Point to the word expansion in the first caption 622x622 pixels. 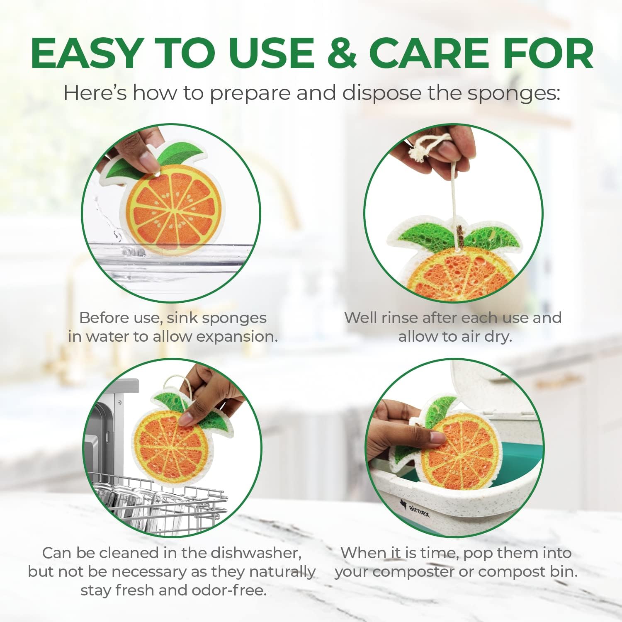237,336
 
